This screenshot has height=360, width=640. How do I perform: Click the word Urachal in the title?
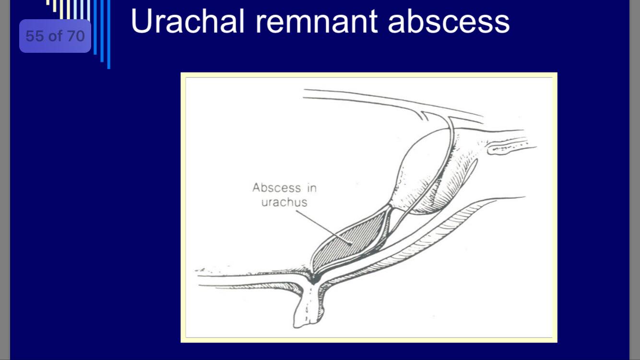[188, 21]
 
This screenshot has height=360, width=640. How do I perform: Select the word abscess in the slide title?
[449, 21]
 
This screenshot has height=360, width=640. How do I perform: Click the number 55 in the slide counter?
[35, 36]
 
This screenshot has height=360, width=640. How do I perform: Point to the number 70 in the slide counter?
[76, 36]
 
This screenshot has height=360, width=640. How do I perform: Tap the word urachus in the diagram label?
[284, 203]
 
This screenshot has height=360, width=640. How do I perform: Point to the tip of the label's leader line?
[352, 245]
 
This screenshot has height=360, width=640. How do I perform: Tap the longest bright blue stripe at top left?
[108, 34]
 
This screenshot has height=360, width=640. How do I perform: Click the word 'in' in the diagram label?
[312, 188]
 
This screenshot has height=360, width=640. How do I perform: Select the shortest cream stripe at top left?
[47, 2]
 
